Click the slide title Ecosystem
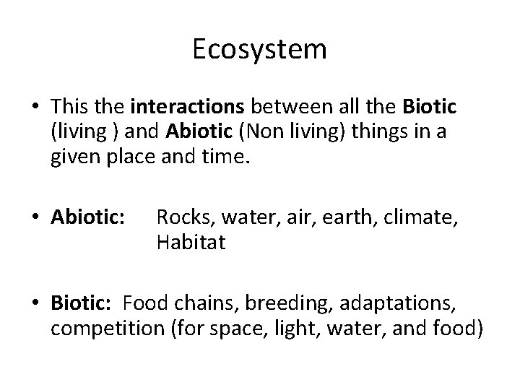pyautogui.click(x=260, y=49)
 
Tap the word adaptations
pyautogui.click(x=382, y=304)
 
